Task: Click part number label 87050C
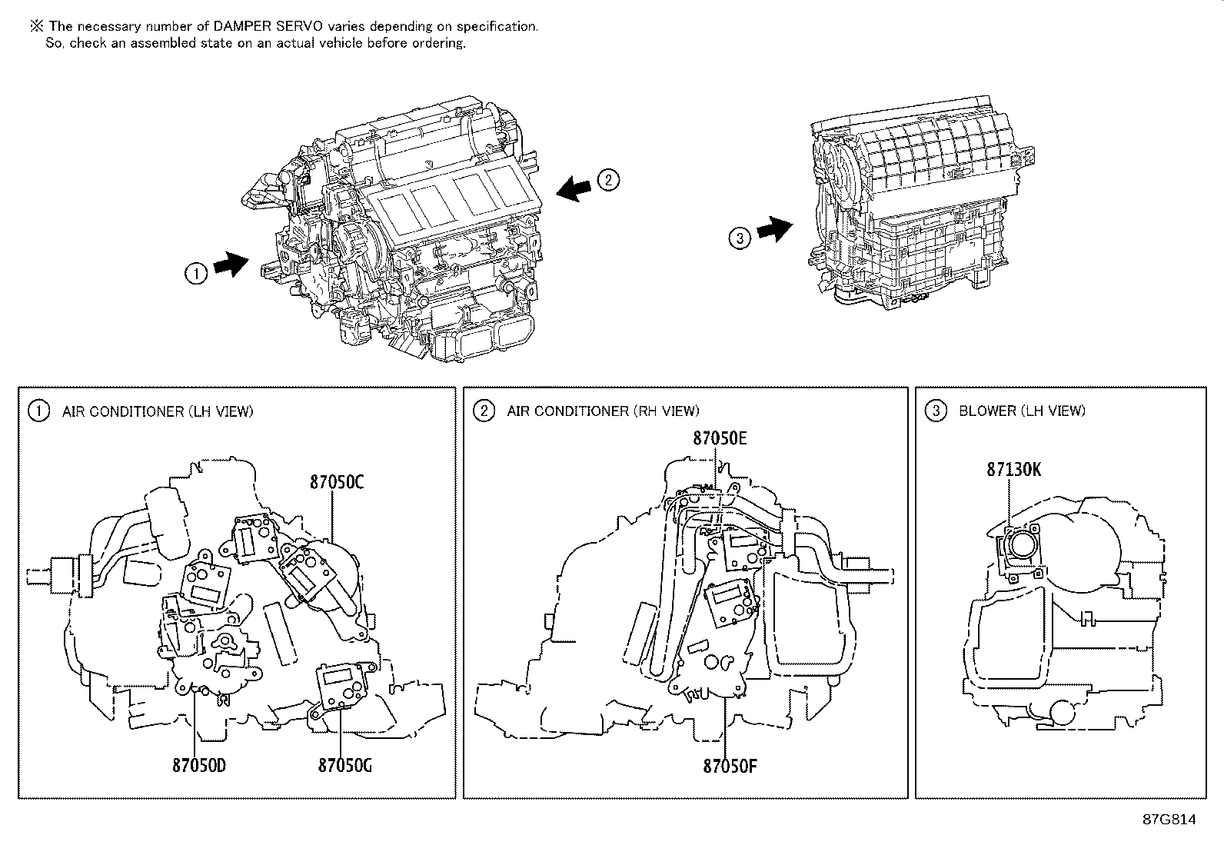point(337,482)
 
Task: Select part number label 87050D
point(199,765)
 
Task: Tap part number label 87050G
point(345,765)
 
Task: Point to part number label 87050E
point(720,438)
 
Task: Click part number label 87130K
point(1014,469)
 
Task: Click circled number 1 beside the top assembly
point(196,273)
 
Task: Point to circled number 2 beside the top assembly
point(607,181)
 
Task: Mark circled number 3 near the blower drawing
point(740,238)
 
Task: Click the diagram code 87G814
point(1169,819)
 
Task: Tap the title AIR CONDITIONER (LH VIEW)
point(158,411)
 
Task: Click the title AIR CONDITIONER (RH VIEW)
point(603,411)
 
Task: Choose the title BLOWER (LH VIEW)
point(1022,411)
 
